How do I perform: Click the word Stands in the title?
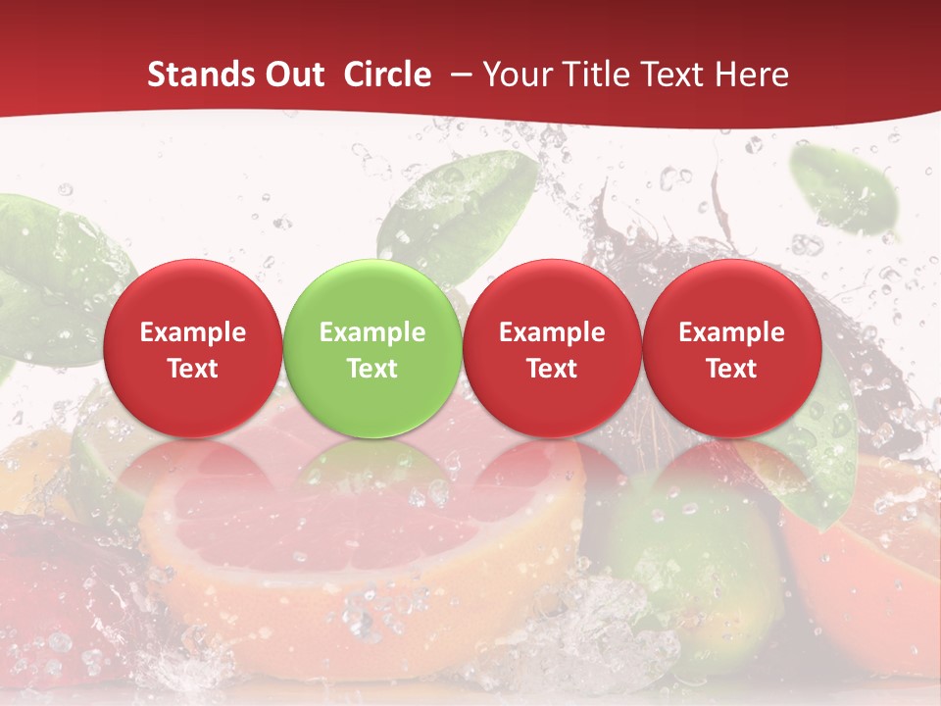point(196,75)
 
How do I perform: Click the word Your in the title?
point(517,75)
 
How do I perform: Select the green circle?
point(372,348)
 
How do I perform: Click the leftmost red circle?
point(192,348)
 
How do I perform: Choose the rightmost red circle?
point(731,348)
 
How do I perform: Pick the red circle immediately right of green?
point(552,348)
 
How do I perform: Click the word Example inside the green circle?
point(372,332)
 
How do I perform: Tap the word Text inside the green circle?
point(372,369)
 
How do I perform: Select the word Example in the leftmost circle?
point(192,332)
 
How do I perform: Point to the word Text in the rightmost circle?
point(731,369)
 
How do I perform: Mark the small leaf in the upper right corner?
point(845,191)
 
